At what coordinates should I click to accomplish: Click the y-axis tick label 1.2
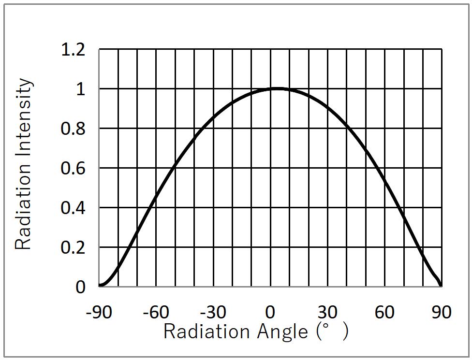(x=73, y=49)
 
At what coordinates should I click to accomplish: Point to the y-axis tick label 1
(x=80, y=89)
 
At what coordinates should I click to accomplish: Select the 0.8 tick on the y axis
(x=73, y=129)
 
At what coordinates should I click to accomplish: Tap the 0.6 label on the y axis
(x=73, y=169)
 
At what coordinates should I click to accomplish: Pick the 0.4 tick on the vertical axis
(x=73, y=208)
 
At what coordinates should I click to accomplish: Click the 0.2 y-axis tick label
(x=73, y=248)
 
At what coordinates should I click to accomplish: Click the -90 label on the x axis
(x=99, y=312)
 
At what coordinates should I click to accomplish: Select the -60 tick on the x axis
(x=156, y=312)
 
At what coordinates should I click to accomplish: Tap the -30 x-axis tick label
(x=213, y=312)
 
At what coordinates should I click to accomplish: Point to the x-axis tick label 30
(x=327, y=312)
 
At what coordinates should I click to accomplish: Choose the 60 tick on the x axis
(x=384, y=312)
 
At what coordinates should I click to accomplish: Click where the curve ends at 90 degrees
(x=441, y=286)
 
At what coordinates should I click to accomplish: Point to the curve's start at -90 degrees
(x=100, y=286)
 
